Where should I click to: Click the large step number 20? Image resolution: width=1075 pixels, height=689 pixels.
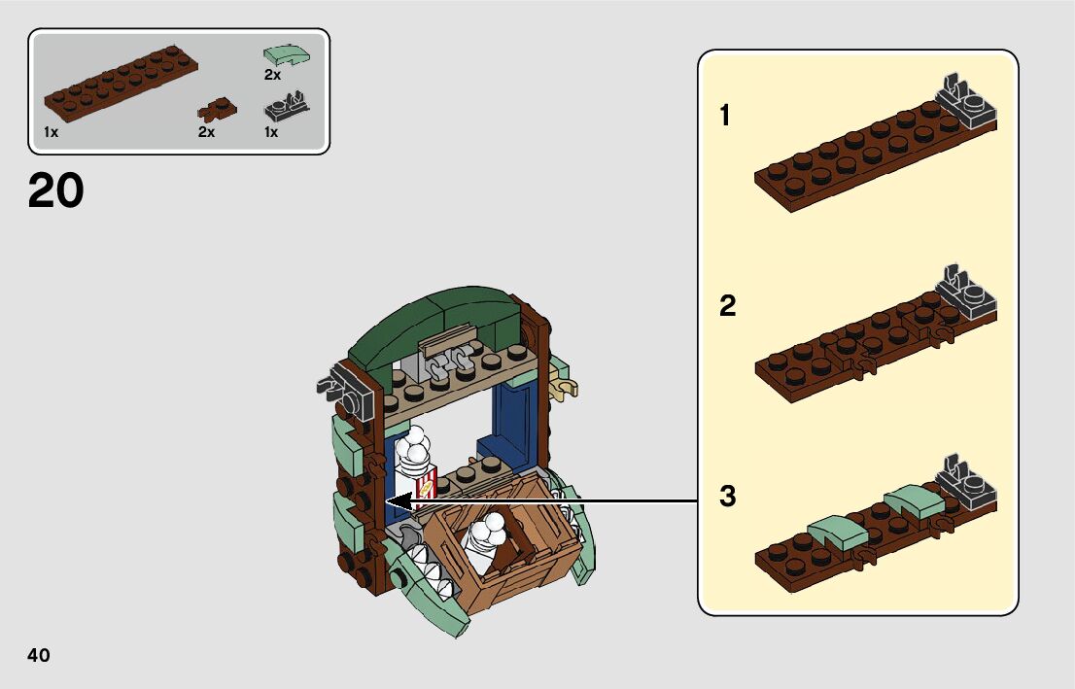55,190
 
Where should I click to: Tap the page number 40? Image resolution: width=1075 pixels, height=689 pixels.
39,655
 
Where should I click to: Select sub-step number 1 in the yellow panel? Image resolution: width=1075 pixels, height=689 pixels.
724,117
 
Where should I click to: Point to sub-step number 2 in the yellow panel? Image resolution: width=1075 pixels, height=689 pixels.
727,307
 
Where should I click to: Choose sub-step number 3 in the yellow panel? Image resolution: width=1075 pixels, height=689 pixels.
727,498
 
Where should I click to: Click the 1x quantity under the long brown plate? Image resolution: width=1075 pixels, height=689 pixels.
52,133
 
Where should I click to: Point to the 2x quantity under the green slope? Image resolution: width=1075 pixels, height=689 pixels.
272,75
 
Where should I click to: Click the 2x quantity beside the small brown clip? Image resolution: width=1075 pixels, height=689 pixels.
206,133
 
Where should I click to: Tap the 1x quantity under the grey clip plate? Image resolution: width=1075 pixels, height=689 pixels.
271,132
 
